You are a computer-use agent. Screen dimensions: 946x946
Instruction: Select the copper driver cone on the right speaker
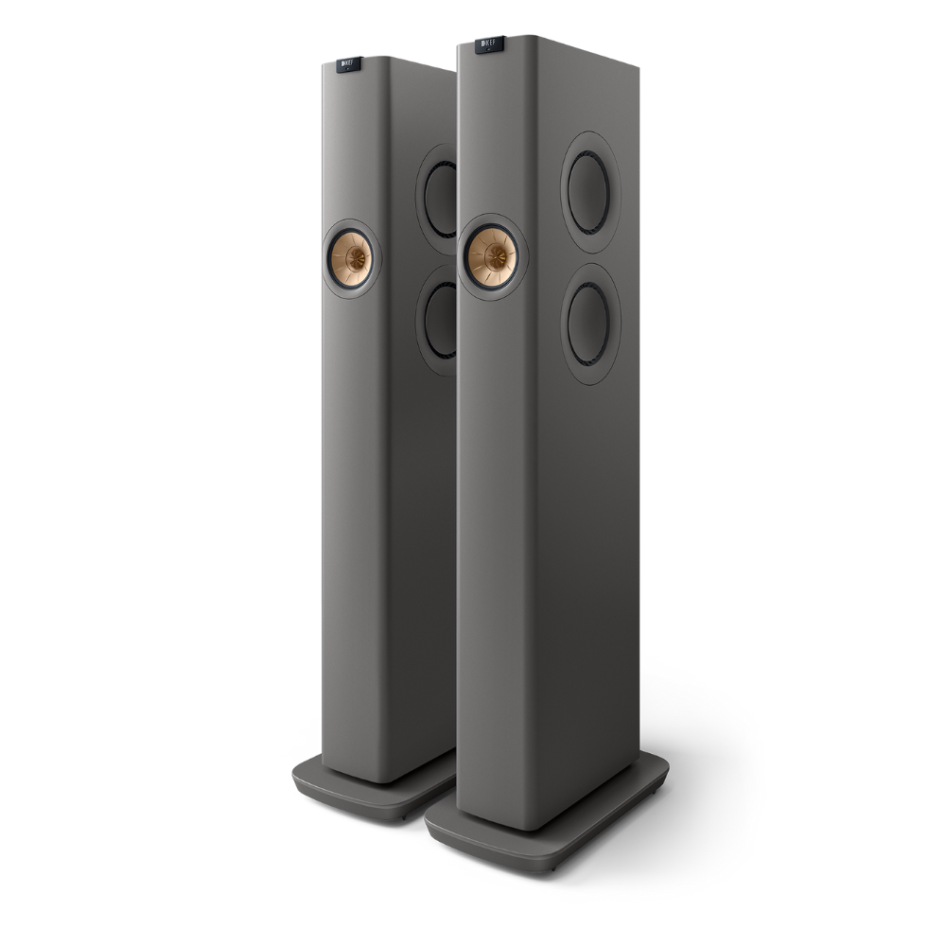pos(492,255)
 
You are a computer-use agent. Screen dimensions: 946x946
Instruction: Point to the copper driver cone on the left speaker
pos(352,255)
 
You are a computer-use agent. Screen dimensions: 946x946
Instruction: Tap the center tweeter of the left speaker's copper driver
pos(354,255)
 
